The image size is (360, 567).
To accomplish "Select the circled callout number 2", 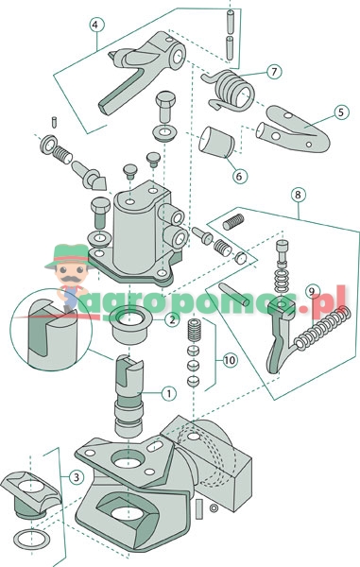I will [171, 320].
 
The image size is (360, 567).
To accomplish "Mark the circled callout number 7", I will [272, 71].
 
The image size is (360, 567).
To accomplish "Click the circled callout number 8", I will [299, 197].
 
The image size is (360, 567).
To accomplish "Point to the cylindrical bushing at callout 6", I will [216, 144].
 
